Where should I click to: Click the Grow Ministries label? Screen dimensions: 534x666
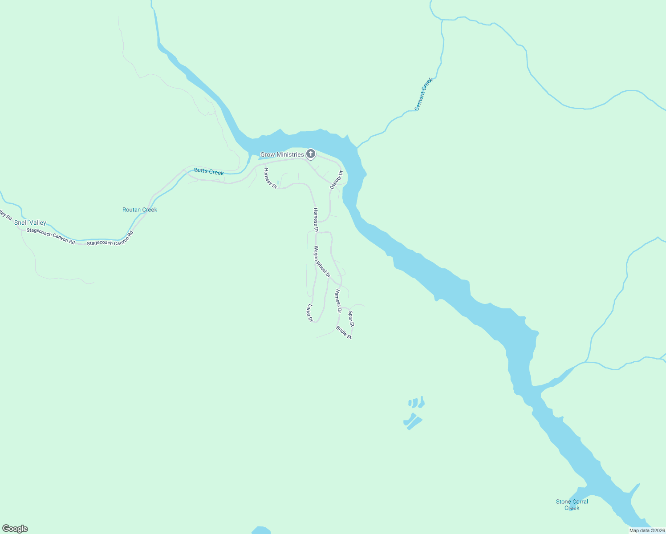[282, 155]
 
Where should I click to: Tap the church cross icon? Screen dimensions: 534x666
[311, 154]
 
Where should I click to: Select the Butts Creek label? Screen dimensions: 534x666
[209, 172]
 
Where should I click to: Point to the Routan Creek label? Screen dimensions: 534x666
[140, 210]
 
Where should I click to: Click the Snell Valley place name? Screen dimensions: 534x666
[30, 222]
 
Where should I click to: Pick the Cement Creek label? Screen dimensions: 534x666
[423, 94]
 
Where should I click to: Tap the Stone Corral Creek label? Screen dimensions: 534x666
[572, 505]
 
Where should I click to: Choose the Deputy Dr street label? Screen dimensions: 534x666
[337, 180]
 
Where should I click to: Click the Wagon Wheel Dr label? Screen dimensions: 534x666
[322, 262]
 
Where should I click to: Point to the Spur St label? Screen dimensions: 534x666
[351, 318]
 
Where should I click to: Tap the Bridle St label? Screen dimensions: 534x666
[344, 333]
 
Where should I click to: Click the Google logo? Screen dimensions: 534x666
[15, 529]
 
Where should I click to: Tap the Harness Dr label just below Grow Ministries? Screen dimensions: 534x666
[270, 178]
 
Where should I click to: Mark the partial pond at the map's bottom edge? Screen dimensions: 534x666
[261, 530]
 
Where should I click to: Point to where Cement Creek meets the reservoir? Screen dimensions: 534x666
[357, 147]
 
